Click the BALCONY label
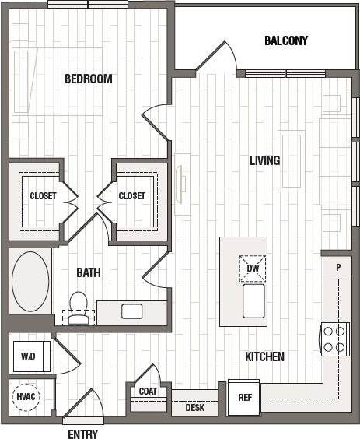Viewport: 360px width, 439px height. (285, 40)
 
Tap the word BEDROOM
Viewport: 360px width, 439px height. (88, 79)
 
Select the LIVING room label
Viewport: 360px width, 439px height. (264, 160)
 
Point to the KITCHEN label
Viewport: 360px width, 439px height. (264, 356)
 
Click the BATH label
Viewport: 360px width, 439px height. (88, 273)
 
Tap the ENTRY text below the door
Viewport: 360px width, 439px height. (82, 434)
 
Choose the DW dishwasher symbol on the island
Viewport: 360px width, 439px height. (252, 269)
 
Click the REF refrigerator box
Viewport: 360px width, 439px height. (244, 397)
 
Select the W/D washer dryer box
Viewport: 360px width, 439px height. (28, 356)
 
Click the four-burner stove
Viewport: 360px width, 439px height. (335, 339)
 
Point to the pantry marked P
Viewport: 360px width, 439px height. (338, 266)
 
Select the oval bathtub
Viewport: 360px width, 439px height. (30, 280)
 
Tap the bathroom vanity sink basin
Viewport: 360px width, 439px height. (131, 311)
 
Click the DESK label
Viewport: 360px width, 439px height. (194, 407)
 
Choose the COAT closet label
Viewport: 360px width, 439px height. (147, 392)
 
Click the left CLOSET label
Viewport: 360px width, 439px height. (43, 196)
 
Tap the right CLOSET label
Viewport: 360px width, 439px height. (131, 196)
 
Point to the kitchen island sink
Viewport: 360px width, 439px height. (254, 300)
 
